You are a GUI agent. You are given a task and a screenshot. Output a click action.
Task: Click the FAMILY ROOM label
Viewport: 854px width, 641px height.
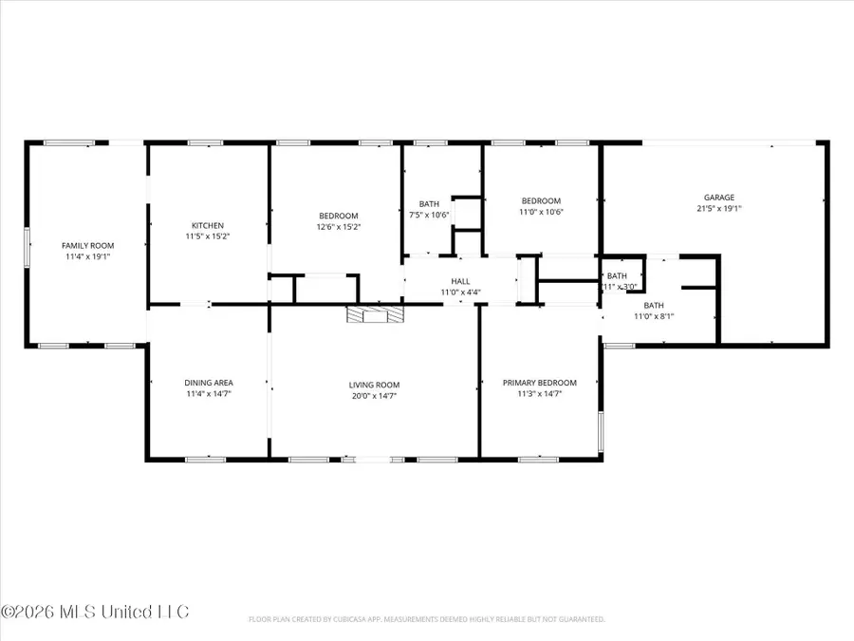86,245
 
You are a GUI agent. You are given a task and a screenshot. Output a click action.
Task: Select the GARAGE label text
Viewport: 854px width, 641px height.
718,198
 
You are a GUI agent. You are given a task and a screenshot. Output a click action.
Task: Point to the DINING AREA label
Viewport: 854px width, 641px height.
208,383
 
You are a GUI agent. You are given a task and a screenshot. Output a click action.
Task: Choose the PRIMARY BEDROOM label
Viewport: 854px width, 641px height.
539,383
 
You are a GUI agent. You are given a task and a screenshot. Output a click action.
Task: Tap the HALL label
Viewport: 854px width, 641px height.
460,281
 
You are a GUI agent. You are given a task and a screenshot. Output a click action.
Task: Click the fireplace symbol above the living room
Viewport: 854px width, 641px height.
374,315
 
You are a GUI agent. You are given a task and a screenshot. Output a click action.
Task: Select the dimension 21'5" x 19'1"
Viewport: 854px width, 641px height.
718,208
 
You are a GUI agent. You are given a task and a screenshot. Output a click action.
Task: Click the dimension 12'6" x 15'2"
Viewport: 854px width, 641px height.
338,227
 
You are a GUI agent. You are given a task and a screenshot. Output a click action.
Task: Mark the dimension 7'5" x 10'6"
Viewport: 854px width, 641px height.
429,215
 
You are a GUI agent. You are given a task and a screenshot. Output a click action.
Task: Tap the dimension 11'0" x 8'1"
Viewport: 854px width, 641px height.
654,317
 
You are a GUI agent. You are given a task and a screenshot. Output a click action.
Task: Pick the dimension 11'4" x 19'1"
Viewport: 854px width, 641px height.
86,256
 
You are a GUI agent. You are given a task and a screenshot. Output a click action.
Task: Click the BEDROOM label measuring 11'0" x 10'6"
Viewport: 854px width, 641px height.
541,200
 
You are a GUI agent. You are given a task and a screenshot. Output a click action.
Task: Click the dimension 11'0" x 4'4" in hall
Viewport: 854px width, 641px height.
460,292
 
